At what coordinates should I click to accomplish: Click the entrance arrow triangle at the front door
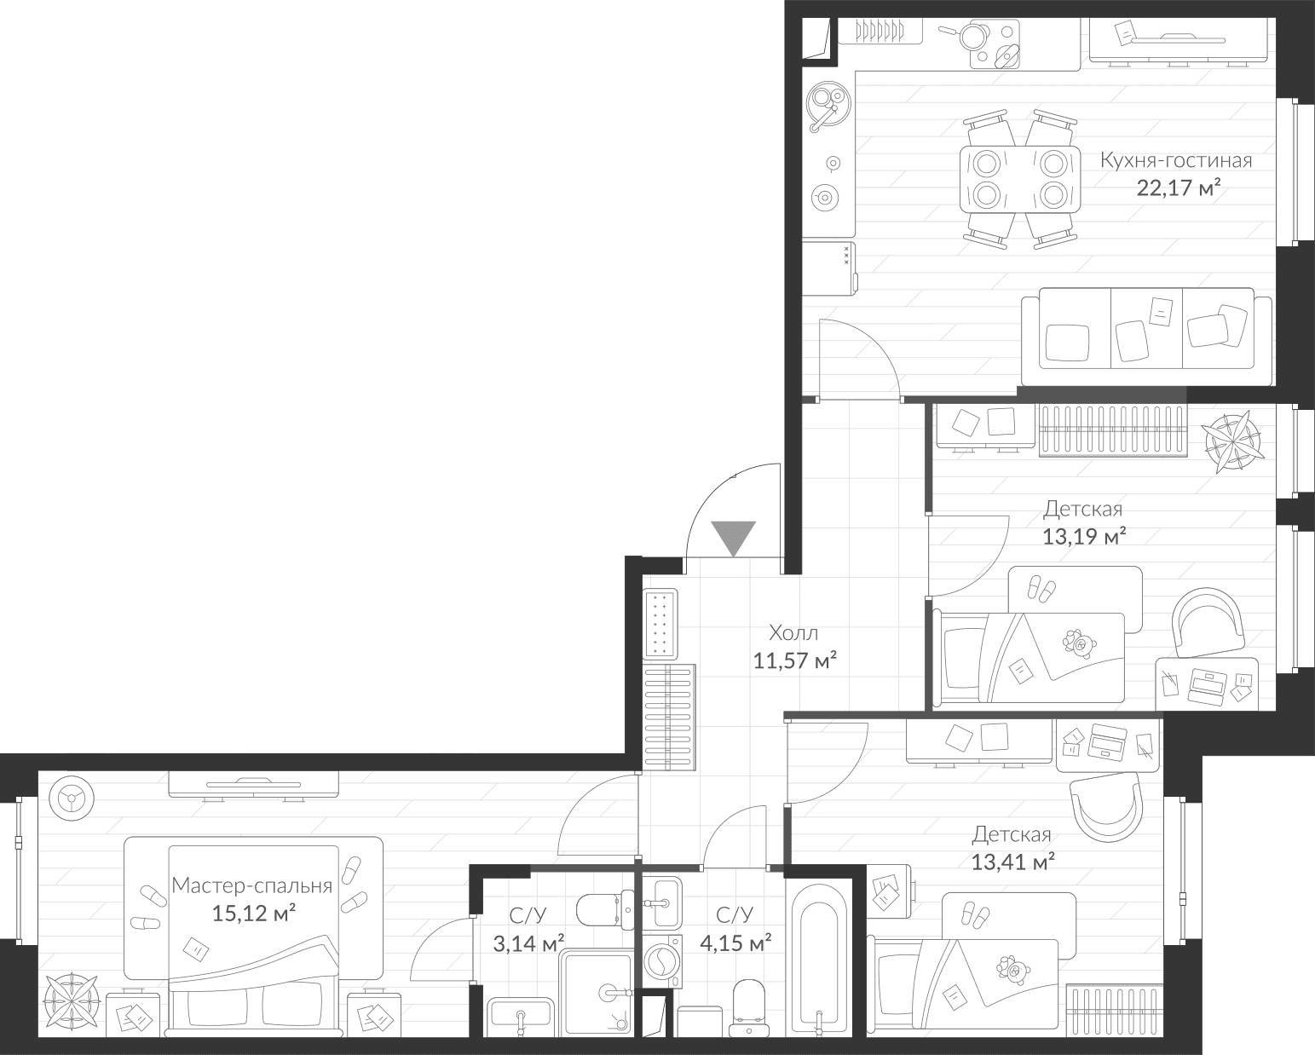[x=733, y=537]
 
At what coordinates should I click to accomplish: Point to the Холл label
[x=793, y=632]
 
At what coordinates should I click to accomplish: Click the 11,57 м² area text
[x=794, y=660]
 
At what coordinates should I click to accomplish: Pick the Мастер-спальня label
[x=251, y=885]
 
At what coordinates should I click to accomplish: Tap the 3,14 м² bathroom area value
[x=528, y=943]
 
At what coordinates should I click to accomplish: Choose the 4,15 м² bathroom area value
[x=735, y=943]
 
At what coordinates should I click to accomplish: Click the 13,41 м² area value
[x=1013, y=862]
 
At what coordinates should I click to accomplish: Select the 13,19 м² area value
[x=1084, y=537]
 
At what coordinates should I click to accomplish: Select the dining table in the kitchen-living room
[x=1018, y=179]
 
